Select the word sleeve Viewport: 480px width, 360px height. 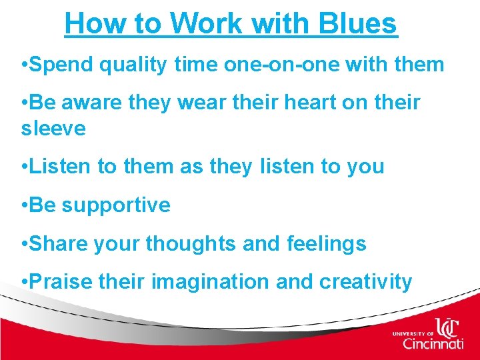coord(53,128)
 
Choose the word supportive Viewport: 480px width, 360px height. coord(116,205)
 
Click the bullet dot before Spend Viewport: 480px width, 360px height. coord(24,65)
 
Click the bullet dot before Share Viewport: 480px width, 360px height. coord(24,245)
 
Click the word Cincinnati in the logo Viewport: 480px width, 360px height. coord(433,344)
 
